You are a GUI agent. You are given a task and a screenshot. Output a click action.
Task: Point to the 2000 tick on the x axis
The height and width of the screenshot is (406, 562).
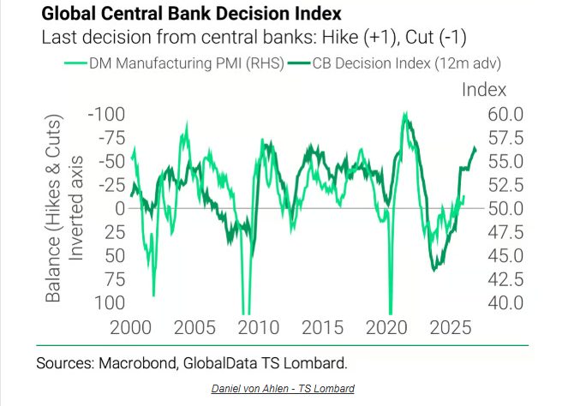coord(131,327)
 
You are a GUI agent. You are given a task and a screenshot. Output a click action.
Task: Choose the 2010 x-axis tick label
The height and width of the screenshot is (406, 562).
coord(258,327)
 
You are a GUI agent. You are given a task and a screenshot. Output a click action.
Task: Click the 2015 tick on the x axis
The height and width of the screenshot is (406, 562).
coord(322,327)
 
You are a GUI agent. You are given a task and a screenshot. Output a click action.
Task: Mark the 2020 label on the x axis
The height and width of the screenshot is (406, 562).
coord(386,327)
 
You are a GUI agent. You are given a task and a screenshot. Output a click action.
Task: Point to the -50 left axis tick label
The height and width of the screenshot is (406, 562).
coord(111,161)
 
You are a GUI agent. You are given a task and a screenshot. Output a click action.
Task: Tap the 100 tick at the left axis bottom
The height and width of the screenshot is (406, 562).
coord(110,302)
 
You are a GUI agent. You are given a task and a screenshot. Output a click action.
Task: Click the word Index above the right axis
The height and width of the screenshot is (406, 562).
coord(485,89)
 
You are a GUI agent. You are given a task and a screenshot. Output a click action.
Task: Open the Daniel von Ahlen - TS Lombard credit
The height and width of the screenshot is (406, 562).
coord(282,388)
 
